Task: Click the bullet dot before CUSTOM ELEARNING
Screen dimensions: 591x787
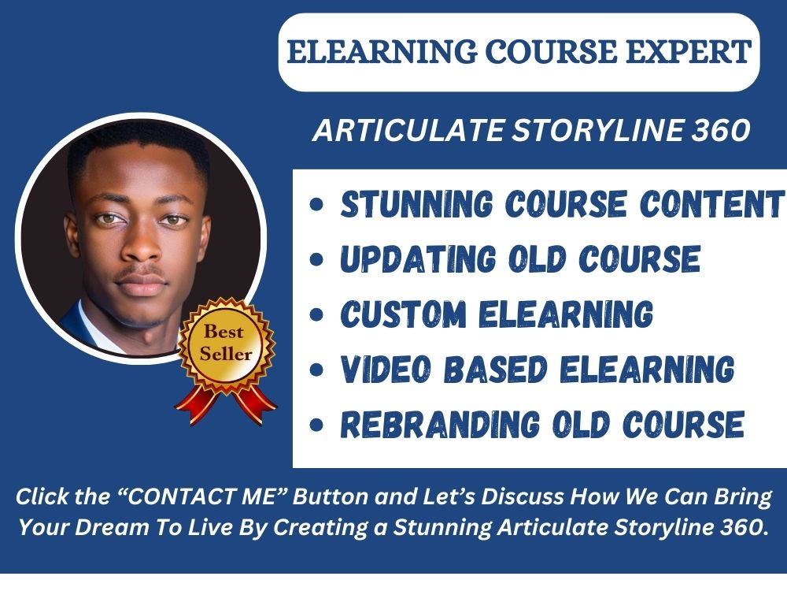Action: pyautogui.click(x=316, y=316)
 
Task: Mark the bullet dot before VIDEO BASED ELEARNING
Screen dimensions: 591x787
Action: pyautogui.click(x=316, y=370)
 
